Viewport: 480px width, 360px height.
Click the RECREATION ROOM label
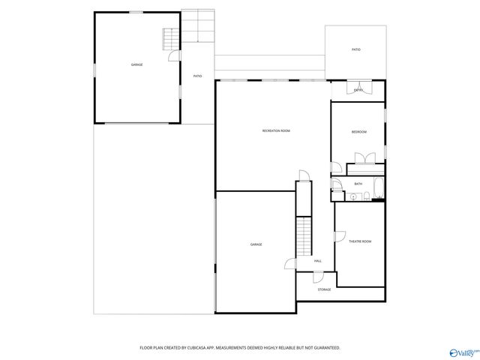[x=276, y=131]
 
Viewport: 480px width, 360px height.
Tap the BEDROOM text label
[x=359, y=132]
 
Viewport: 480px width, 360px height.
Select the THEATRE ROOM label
[x=360, y=241]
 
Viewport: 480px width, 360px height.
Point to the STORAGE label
[x=324, y=289]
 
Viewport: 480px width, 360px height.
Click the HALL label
[x=318, y=261]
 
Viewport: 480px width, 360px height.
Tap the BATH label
[x=358, y=184]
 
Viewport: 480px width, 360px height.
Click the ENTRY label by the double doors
[x=358, y=91]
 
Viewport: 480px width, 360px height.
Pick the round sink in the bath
[x=353, y=197]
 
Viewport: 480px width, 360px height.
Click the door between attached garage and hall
[x=290, y=262]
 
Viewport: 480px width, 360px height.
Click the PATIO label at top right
[x=355, y=49]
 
